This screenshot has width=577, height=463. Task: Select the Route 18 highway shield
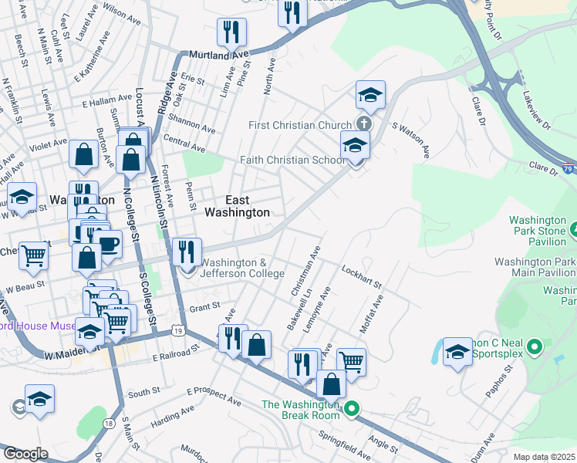click(x=106, y=424)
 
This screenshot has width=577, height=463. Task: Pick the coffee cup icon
click(x=109, y=245)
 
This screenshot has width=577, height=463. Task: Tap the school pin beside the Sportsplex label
click(x=457, y=352)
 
